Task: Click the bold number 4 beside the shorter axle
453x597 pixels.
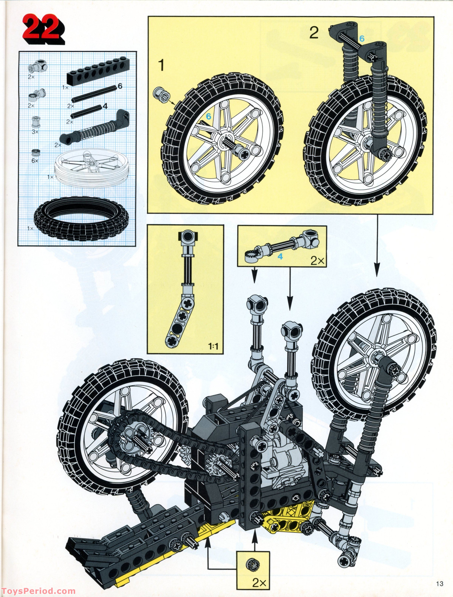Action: pos(105,106)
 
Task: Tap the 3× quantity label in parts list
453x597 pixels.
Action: pos(35,132)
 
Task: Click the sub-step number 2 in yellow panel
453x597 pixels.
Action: pos(314,33)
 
